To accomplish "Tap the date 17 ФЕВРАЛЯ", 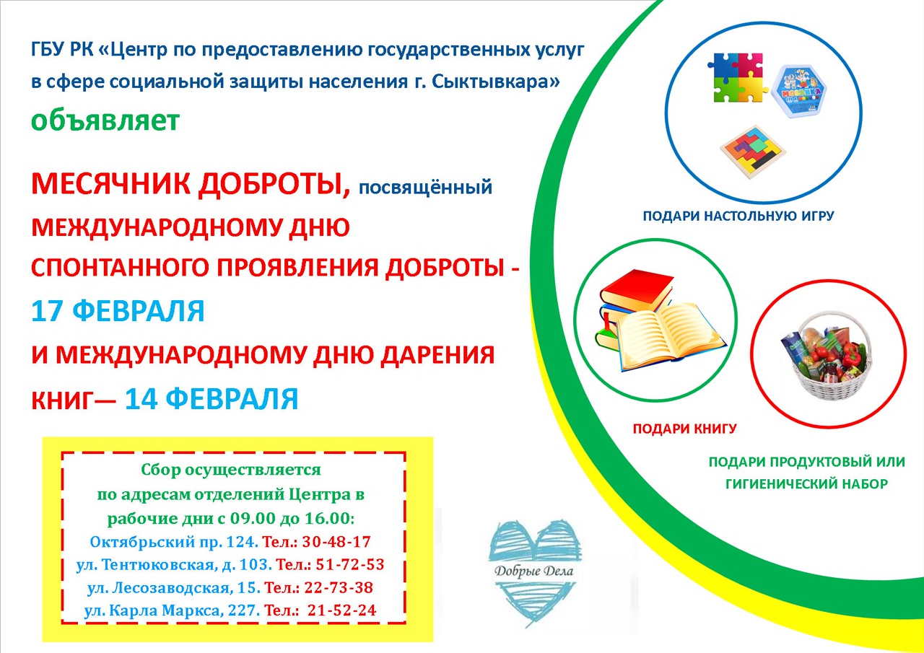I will pyautogui.click(x=118, y=311).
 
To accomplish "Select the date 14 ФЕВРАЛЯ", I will pyautogui.click(x=212, y=399).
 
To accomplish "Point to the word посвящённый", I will pyautogui.click(x=425, y=188).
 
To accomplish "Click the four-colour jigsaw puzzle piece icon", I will pyautogui.click(x=737, y=76).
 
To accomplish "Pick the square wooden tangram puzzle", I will pyautogui.click(x=752, y=151).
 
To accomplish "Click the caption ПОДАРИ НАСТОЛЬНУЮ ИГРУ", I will pyautogui.click(x=738, y=216).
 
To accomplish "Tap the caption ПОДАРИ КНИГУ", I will pyautogui.click(x=684, y=429).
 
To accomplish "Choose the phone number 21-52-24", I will pyautogui.click(x=341, y=610).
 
